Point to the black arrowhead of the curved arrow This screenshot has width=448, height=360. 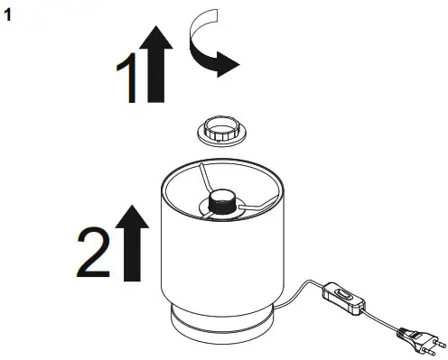pyautogui.click(x=224, y=63)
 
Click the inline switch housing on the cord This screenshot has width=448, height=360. pyautogui.click(x=343, y=297)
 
